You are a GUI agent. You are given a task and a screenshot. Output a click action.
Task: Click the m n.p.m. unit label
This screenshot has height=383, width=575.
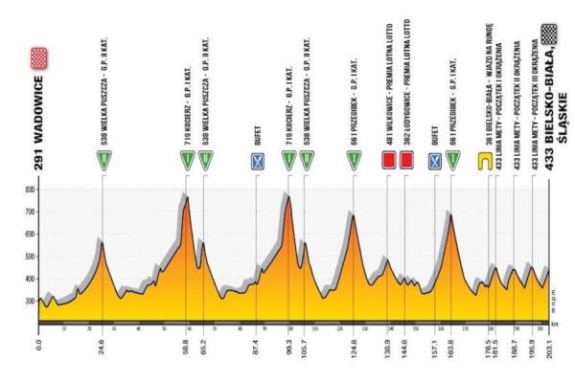560,299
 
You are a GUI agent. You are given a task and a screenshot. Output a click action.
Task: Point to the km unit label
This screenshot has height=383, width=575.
558,326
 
